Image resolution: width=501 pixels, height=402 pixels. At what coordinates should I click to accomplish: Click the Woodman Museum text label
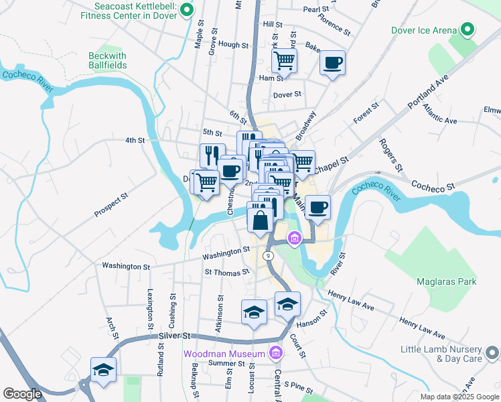point(225,353)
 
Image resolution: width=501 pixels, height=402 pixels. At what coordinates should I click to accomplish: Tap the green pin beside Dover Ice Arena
point(468,29)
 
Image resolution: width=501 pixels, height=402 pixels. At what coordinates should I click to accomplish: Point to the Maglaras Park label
point(446,281)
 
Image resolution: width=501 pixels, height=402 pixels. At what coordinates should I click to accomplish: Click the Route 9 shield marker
point(268,256)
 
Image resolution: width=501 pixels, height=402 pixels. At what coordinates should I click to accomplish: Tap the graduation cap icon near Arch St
point(103,370)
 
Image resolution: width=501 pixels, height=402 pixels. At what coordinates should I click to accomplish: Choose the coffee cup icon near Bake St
point(332,64)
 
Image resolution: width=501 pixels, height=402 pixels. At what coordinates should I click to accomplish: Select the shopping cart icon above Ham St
point(285,60)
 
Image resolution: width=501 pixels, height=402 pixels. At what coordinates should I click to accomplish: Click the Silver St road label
point(175,336)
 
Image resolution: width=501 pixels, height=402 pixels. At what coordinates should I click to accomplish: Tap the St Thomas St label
point(227,272)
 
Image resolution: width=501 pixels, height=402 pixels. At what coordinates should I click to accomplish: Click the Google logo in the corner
point(22,394)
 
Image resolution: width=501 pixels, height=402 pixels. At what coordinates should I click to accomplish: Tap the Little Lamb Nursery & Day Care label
point(441,354)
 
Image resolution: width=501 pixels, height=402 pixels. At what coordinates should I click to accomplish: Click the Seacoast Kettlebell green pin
point(187,10)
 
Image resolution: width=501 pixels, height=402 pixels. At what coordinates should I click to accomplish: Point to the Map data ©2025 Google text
point(459,397)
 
